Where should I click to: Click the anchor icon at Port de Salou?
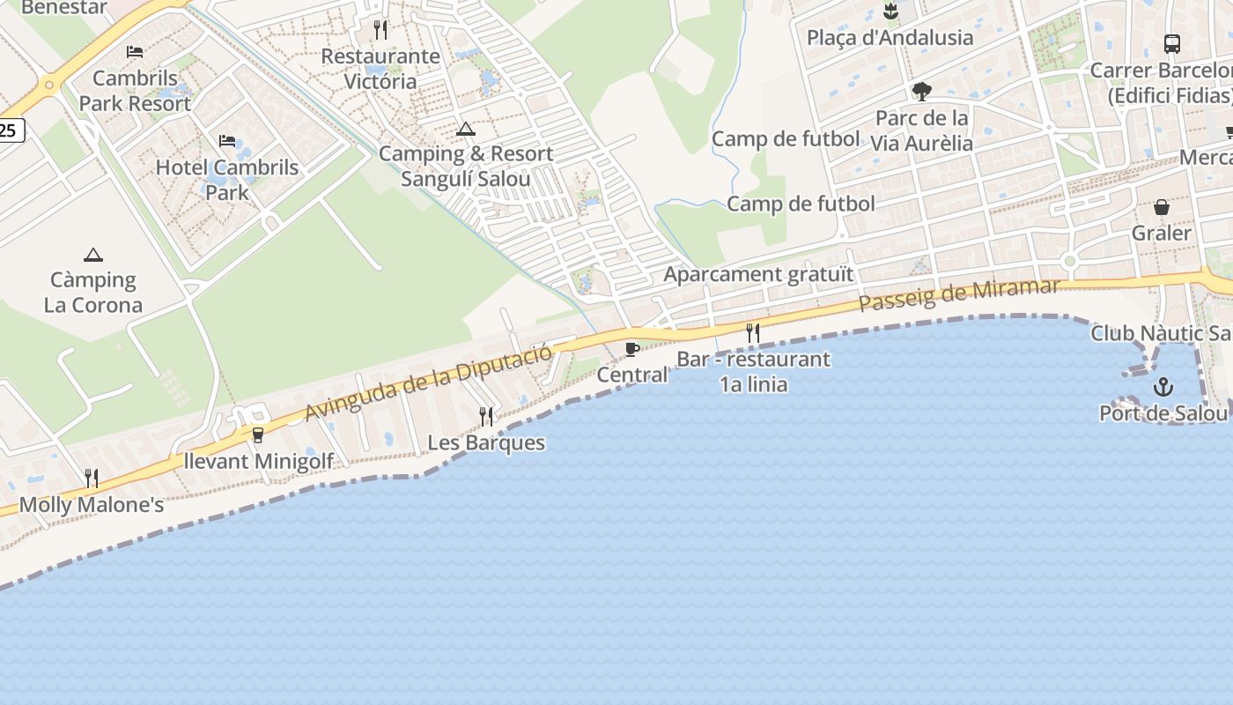tap(1163, 387)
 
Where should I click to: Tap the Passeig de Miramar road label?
tap(958, 295)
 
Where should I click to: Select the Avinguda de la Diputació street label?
tap(429, 382)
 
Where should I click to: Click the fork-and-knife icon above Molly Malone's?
tap(91, 479)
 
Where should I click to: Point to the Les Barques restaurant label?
tap(486, 442)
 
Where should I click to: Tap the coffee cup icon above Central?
tap(631, 349)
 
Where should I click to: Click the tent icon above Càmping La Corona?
tap(92, 256)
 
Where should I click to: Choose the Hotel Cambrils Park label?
tap(227, 179)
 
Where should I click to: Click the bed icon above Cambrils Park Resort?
tap(135, 52)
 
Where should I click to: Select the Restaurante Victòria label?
tap(380, 69)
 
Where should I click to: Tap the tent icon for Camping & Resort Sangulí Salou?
tap(466, 130)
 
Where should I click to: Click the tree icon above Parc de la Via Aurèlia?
tap(922, 91)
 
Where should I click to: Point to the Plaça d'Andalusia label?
tap(890, 37)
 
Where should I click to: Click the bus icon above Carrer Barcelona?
tap(1171, 43)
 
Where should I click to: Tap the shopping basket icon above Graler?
tap(1162, 208)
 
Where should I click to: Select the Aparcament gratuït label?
tap(758, 274)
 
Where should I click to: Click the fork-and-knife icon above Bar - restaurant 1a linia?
tap(753, 332)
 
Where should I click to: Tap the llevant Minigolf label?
tap(259, 461)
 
